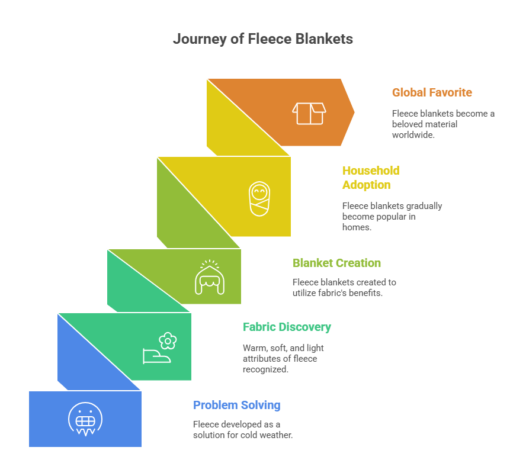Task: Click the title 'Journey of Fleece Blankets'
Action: (x=263, y=39)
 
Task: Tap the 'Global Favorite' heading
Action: (x=432, y=92)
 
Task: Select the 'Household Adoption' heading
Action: (x=371, y=178)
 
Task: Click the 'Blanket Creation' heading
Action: (x=336, y=263)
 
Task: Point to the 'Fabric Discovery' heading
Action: (x=287, y=327)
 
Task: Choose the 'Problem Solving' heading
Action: (x=237, y=405)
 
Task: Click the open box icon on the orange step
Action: (x=309, y=113)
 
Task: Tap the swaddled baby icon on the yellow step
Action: (x=259, y=198)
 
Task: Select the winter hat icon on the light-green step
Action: (x=210, y=277)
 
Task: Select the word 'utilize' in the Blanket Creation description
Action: (x=304, y=292)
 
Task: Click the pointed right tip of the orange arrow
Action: (x=354, y=112)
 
